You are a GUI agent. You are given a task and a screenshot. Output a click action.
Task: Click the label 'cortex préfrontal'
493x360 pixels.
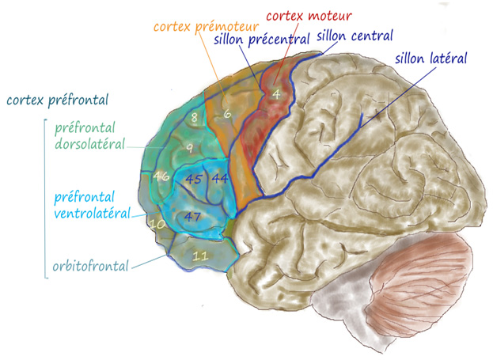pyautogui.click(x=56, y=100)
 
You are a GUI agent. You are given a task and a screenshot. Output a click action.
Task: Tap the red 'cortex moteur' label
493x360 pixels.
pyautogui.click(x=308, y=17)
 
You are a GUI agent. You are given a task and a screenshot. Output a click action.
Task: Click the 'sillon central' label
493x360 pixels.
pyautogui.click(x=354, y=36)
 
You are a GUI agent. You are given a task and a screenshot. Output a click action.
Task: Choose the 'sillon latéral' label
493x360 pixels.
pyautogui.click(x=430, y=58)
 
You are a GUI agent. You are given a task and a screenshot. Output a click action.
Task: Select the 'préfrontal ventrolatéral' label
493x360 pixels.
pyautogui.click(x=92, y=204)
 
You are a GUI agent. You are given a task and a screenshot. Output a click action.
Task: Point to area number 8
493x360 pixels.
pyautogui.click(x=194, y=118)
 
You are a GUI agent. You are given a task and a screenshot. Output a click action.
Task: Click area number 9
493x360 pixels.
pyautogui.click(x=189, y=148)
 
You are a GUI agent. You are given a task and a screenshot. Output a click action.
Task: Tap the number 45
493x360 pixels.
pyautogui.click(x=193, y=178)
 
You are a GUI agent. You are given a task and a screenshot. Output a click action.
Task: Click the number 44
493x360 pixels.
pyautogui.click(x=220, y=178)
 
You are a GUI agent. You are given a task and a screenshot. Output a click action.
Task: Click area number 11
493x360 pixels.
pyautogui.click(x=200, y=255)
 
